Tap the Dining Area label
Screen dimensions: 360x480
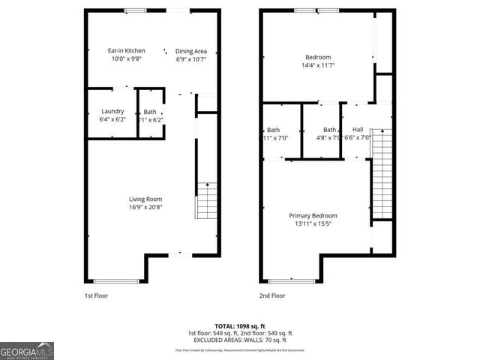(x=190, y=51)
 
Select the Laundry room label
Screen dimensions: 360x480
(x=112, y=111)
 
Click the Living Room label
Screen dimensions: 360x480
(x=145, y=199)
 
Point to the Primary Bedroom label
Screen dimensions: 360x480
(x=313, y=215)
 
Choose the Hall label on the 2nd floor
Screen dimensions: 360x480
(x=358, y=129)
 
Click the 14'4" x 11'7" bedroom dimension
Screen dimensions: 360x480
(x=317, y=65)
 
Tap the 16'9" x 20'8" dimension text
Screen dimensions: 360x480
(x=145, y=207)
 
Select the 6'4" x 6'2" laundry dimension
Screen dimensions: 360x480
(x=112, y=119)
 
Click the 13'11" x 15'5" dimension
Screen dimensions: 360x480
(x=313, y=223)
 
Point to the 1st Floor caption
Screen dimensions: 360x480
(x=96, y=295)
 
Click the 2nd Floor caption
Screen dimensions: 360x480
(x=272, y=295)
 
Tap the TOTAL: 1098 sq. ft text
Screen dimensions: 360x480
(x=241, y=326)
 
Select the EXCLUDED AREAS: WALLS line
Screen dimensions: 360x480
(x=241, y=340)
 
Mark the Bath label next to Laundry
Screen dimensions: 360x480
(x=150, y=111)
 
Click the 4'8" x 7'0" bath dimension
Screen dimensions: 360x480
(x=329, y=137)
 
